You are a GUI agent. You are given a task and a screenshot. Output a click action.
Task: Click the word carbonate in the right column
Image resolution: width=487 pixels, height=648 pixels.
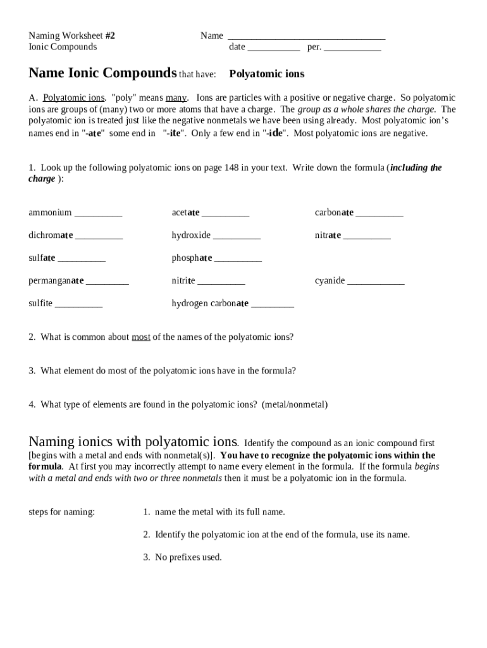334,213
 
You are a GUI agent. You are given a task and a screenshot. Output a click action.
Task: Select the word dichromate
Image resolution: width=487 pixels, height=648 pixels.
51,235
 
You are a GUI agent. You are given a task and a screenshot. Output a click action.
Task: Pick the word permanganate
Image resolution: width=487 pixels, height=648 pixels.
56,281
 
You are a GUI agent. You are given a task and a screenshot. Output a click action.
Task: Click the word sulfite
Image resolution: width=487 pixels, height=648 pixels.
40,304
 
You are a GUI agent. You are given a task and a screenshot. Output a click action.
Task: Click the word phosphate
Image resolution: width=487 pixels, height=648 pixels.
192,258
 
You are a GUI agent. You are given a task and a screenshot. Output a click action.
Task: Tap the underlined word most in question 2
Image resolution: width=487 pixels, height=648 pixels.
141,337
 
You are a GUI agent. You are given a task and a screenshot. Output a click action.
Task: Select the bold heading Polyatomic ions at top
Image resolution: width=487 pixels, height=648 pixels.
266,74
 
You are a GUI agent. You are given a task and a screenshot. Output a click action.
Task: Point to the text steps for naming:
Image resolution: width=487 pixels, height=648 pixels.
62,512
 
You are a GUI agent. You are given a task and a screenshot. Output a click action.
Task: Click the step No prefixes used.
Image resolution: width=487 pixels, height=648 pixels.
188,558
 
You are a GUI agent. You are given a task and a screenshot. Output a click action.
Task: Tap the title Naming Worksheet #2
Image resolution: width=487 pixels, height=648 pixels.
71,35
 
